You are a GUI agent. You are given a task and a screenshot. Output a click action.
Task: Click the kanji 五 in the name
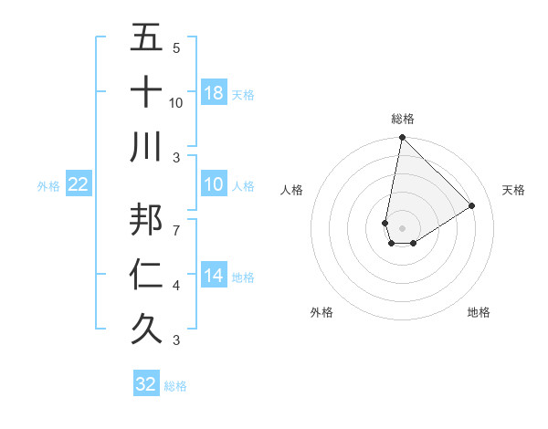146,39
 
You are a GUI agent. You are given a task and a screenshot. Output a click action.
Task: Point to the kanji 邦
146,218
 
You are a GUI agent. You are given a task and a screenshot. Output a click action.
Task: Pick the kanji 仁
146,273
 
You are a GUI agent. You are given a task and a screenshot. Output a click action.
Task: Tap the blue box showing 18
214,93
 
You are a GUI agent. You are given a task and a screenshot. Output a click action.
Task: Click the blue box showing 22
78,185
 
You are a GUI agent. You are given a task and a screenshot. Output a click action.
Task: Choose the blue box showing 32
146,384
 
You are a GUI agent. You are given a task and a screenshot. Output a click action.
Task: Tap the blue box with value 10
214,185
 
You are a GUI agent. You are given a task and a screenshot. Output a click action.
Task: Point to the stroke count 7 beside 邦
176,222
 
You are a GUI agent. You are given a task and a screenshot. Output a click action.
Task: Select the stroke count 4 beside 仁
176,286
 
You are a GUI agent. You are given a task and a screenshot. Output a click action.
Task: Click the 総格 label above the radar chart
403,119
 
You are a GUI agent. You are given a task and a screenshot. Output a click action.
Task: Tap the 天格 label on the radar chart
514,190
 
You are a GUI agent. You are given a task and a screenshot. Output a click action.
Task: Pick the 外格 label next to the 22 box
48,186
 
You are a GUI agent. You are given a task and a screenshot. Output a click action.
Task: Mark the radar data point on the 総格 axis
402,139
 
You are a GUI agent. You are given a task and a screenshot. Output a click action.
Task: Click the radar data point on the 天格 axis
472,205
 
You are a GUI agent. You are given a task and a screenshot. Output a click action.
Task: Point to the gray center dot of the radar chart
402,227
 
